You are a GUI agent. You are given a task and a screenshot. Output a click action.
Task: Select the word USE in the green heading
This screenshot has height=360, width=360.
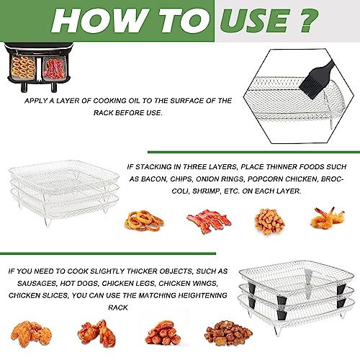pyautogui.click(x=254, y=20)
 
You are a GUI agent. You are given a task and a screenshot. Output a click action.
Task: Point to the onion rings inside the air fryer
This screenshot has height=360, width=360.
pyautogui.click(x=23, y=68)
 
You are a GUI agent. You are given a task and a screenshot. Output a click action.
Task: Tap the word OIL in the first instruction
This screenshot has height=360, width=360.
pyautogui.click(x=134, y=101)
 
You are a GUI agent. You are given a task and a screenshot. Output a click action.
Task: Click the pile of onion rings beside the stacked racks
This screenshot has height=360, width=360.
pyautogui.click(x=144, y=221)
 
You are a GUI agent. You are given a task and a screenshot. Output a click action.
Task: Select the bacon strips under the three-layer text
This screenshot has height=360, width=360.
pyautogui.click(x=209, y=221)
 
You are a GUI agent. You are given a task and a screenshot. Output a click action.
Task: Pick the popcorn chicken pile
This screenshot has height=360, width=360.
pyautogui.click(x=270, y=222)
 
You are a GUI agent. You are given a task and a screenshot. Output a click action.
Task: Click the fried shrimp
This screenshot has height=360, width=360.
pyautogui.click(x=328, y=218)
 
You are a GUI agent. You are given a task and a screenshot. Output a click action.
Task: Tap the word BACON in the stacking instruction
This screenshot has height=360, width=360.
pyautogui.click(x=154, y=179)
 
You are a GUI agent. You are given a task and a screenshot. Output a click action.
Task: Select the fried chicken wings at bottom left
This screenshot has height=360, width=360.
pyautogui.click(x=31, y=334)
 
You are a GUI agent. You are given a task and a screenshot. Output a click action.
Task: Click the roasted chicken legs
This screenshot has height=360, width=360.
pyautogui.click(x=97, y=333)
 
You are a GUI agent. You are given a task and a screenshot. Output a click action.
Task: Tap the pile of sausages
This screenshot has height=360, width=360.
pyautogui.click(x=163, y=333)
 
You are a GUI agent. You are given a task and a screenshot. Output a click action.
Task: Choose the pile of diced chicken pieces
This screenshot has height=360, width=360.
pyautogui.click(x=228, y=333)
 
